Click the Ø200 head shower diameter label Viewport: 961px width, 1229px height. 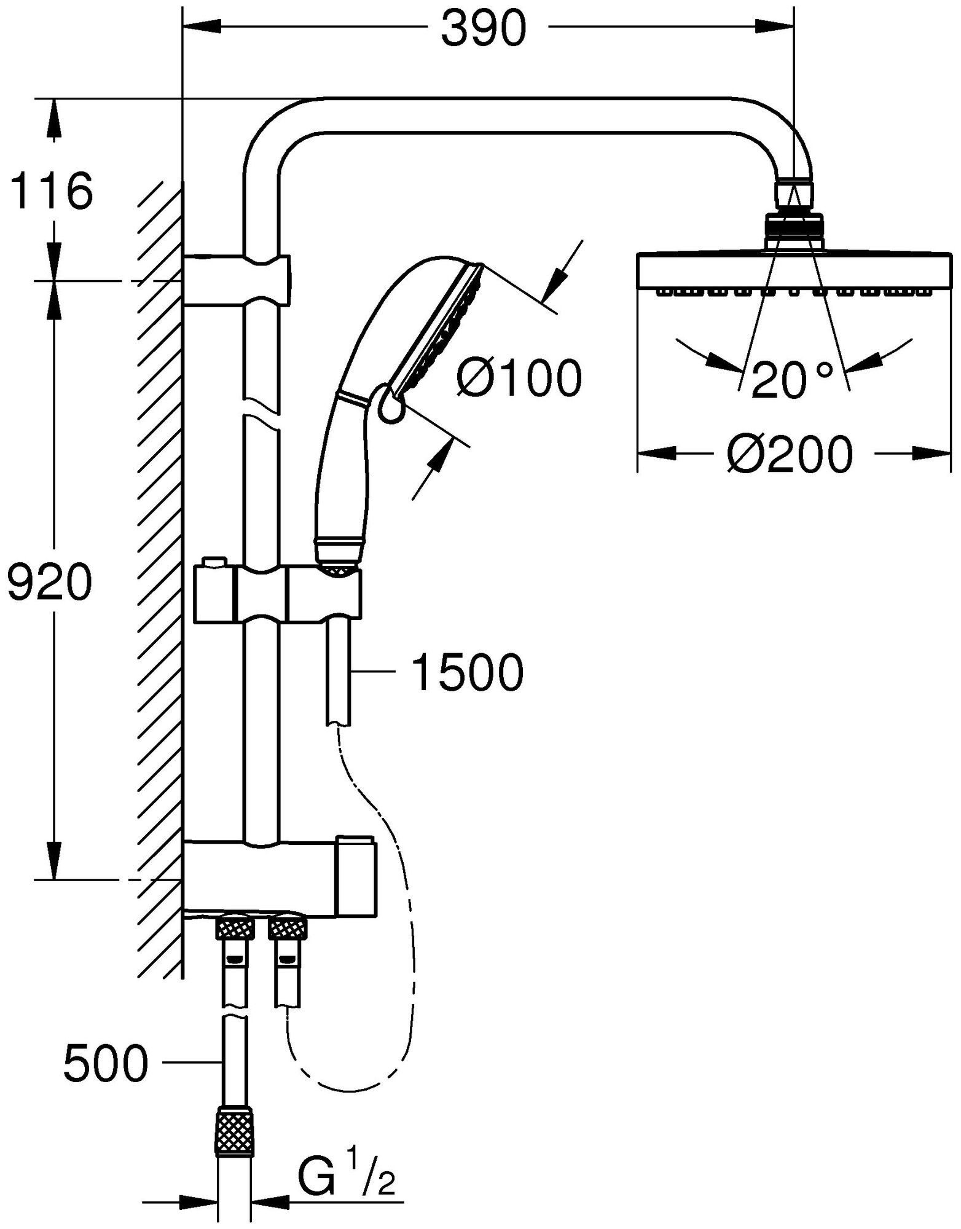point(791,455)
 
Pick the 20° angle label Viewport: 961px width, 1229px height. point(792,380)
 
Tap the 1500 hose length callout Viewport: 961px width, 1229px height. point(468,673)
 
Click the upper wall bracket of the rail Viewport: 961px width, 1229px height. point(237,280)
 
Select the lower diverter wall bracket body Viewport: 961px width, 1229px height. point(277,876)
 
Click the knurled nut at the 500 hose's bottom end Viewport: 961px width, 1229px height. point(236,1131)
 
